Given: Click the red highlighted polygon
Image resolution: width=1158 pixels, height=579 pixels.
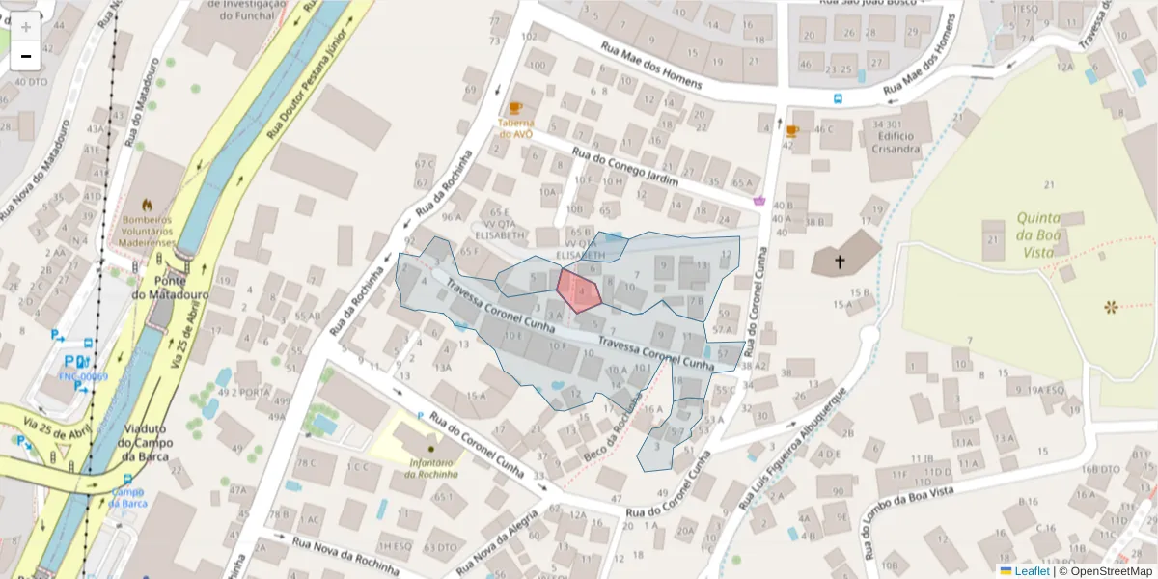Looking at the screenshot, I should (579, 290).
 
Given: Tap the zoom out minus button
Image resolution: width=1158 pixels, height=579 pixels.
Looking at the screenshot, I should (25, 56).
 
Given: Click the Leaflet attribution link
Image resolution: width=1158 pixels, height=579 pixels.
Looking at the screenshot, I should (1032, 571).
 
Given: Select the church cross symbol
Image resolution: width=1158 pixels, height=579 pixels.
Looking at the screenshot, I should (840, 262).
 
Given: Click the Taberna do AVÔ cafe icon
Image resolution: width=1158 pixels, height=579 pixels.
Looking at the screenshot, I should (515, 108).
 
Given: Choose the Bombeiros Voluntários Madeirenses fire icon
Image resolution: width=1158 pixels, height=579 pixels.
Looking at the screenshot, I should (147, 206).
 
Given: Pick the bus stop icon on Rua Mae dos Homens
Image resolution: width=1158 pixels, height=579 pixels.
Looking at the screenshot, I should (837, 97).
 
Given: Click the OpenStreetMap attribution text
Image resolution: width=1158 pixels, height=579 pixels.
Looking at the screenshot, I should (1110, 571).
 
